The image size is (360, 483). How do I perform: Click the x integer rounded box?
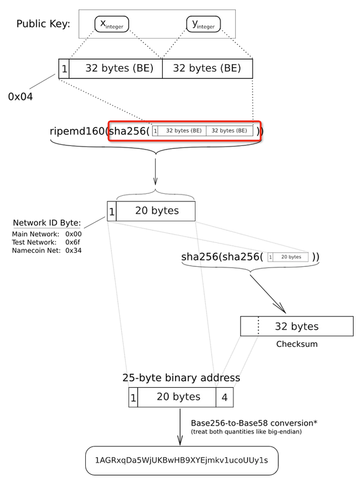111,23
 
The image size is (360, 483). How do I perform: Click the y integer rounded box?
203,23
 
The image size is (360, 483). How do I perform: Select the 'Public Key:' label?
43,24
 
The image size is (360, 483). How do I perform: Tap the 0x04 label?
20,96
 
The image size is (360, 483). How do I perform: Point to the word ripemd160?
78,131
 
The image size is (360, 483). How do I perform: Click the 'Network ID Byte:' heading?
47,223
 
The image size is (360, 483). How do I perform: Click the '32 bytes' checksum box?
296,326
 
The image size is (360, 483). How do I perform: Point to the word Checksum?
296,344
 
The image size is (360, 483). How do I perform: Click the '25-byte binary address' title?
181,378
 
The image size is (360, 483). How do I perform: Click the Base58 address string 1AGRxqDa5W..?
181,460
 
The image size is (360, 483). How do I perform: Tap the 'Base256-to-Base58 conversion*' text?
254,423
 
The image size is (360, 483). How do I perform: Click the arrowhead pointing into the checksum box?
279,307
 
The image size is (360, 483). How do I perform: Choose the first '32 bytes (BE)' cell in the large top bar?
116,68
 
